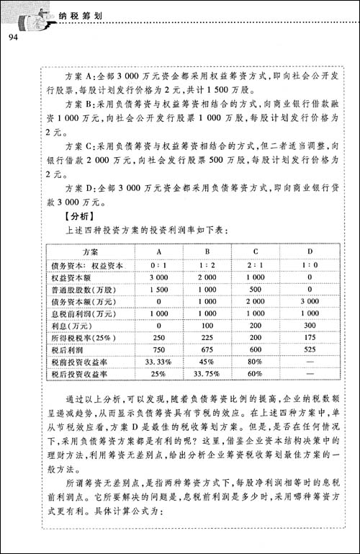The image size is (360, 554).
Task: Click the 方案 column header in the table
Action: tap(91, 251)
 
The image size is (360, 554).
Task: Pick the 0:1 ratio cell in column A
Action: tap(158, 264)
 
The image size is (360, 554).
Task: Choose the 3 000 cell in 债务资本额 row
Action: tap(308, 303)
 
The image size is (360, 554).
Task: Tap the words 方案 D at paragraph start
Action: tap(68, 188)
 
